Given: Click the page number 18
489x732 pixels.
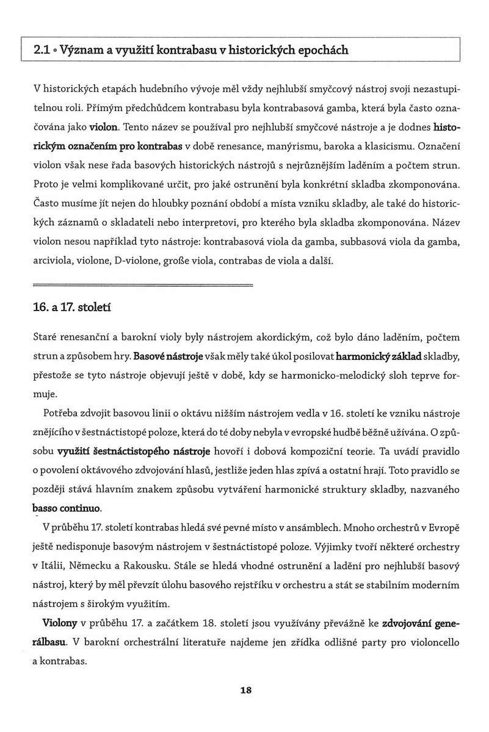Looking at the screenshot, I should click(x=246, y=691).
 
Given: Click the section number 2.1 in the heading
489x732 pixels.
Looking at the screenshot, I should click(x=43, y=50).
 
